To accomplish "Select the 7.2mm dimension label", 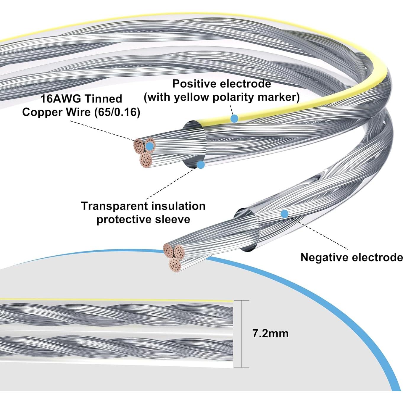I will click(270, 333).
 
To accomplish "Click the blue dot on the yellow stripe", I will click(234, 119).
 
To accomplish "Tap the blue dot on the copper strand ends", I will click(150, 146).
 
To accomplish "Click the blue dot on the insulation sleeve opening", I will click(201, 165).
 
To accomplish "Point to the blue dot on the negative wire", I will click(284, 214).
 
